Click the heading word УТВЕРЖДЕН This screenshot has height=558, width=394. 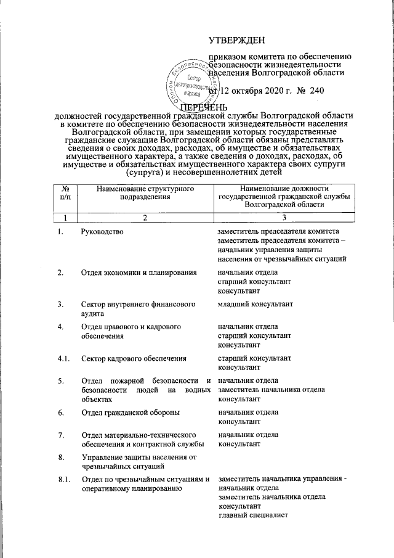tap(237, 40)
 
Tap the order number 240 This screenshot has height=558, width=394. tap(316, 91)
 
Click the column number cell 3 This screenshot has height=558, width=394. tap(284, 218)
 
